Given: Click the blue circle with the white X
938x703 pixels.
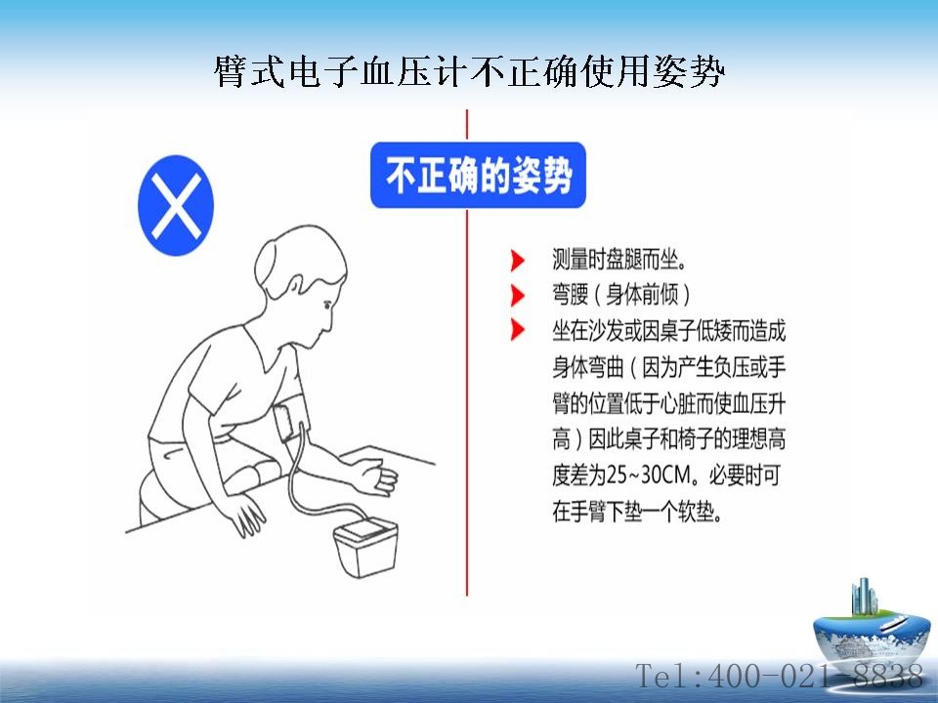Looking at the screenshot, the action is [176, 206].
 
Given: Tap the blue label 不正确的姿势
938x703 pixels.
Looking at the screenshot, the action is [478, 175].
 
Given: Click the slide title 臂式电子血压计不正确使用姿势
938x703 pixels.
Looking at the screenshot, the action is [470, 71].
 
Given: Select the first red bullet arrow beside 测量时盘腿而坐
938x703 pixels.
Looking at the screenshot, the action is [518, 261].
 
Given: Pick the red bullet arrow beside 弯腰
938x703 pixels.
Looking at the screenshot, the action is [518, 295].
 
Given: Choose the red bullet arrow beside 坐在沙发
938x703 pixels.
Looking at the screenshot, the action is [518, 330].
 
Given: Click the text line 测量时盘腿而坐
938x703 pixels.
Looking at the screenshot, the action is [619, 260].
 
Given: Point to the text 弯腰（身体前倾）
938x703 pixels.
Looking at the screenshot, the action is [621, 295].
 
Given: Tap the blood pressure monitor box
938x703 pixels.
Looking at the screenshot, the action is [365, 548].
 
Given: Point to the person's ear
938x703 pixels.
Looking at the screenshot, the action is [295, 289].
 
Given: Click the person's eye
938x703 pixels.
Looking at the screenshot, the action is [326, 305].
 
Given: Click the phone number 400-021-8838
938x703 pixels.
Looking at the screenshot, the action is [815, 676].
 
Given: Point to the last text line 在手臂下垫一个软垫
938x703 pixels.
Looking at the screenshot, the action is [637, 512].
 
